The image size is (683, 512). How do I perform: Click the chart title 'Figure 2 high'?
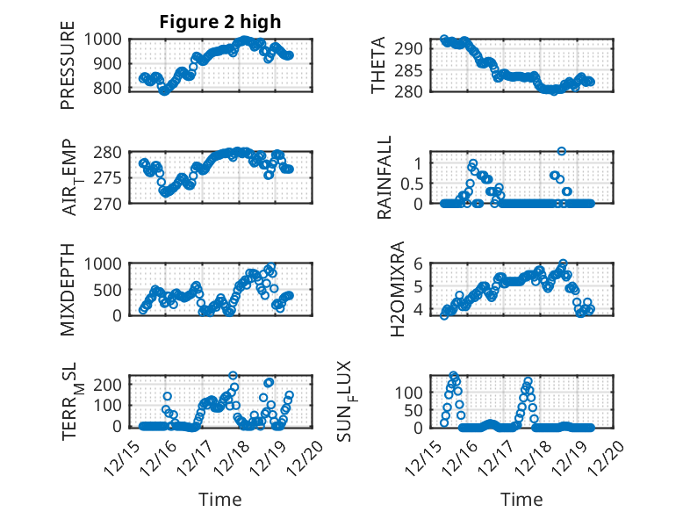pos(220,22)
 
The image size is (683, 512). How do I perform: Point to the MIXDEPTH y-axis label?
pos(68,289)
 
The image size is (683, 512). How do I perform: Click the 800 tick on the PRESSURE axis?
pos(111,88)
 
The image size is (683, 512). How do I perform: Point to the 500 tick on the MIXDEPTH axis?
pos(111,289)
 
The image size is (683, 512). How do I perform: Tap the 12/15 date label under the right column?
pos(427,451)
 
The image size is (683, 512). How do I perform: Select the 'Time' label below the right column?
pos(521,500)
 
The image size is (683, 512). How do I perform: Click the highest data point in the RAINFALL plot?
pos(561,151)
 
